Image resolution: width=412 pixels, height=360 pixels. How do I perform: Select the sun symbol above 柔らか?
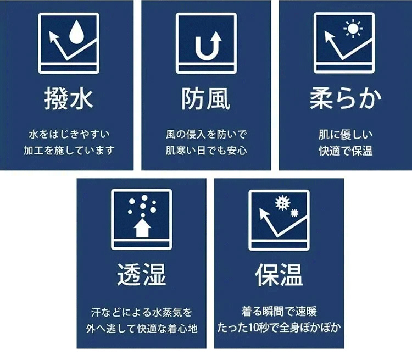pos(353,29)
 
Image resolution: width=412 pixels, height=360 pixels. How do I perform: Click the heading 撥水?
pos(69,98)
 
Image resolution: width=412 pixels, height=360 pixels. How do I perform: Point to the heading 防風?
pos(206,98)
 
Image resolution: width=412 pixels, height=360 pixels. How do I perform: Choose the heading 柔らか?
pos(346,98)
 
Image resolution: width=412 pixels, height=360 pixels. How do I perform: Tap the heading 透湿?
pos(141,275)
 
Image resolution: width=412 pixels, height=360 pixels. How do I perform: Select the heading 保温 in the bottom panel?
pos(279,275)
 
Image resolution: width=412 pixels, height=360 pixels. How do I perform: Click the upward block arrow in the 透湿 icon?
pos(142,228)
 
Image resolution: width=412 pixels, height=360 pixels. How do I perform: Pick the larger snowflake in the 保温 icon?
pos(282,203)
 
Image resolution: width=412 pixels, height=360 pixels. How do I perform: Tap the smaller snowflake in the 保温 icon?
pos(294,213)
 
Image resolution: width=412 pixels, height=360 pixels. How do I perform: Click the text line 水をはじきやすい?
pos(69,134)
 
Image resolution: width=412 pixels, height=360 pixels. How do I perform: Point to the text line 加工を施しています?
pos(69,151)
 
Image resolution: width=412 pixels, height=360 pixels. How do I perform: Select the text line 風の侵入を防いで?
pos(206,134)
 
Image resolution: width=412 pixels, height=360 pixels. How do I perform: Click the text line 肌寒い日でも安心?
pos(206,151)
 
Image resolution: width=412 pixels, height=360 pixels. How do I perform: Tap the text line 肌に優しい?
pos(346,135)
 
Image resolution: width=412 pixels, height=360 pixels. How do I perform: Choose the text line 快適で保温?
pos(346,151)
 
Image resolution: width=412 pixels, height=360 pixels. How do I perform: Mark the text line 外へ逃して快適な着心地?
pos(142,329)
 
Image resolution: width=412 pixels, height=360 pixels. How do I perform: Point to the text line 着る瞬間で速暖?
pos(279,312)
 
